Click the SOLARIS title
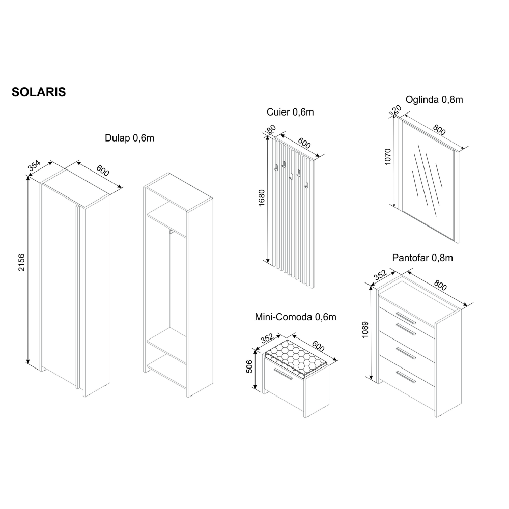39,92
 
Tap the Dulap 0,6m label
129,138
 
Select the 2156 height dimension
21,263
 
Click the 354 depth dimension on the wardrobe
34,165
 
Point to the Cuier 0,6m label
290,112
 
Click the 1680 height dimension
262,198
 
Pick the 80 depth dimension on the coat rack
271,128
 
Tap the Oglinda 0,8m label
434,99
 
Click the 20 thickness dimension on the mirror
397,109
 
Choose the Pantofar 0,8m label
422,258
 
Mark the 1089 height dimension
365,329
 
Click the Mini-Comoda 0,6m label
295,317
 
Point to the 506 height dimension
249,366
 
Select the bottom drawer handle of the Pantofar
406,377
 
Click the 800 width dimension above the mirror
439,129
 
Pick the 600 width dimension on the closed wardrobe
103,171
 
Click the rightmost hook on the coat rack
306,185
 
